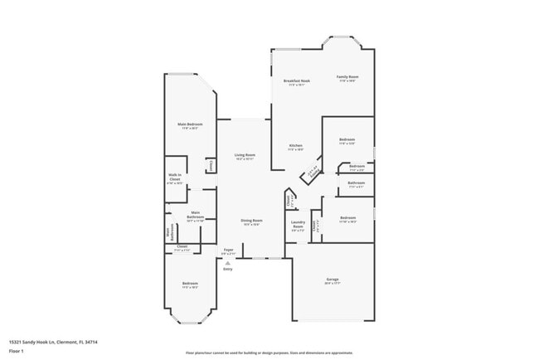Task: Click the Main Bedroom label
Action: click(190, 124)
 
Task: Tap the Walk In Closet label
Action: click(175, 177)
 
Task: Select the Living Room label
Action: click(244, 155)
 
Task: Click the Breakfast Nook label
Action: click(297, 80)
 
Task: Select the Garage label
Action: click(332, 280)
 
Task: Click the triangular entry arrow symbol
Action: click(227, 262)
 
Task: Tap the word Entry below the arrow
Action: click(227, 269)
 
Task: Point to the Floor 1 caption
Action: click(15, 351)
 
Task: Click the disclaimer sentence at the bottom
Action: click(269, 353)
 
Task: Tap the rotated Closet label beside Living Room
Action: click(211, 166)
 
